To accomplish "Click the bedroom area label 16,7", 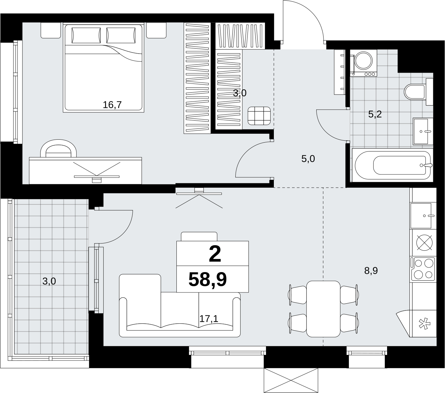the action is pyautogui.click(x=112, y=105).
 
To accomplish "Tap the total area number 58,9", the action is pyautogui.click(x=208, y=280).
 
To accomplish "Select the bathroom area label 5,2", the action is pyautogui.click(x=375, y=114).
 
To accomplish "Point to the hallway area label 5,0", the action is pyautogui.click(x=308, y=159).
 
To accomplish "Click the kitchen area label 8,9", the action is pyautogui.click(x=371, y=271).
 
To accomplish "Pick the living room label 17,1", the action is pyautogui.click(x=209, y=319).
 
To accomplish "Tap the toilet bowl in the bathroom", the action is pyautogui.click(x=414, y=92).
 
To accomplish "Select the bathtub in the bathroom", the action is pyautogui.click(x=393, y=165).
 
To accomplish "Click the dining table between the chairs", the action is pyautogui.click(x=323, y=309).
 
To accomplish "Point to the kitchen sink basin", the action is pyautogui.click(x=421, y=216).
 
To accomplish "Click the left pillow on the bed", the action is pyautogui.click(x=86, y=35).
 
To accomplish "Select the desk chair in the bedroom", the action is pyautogui.click(x=59, y=149).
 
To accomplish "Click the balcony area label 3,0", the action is pyautogui.click(x=49, y=281).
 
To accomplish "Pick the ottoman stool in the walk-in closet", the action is pyautogui.click(x=259, y=116).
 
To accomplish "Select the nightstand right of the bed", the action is pyautogui.click(x=156, y=31).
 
